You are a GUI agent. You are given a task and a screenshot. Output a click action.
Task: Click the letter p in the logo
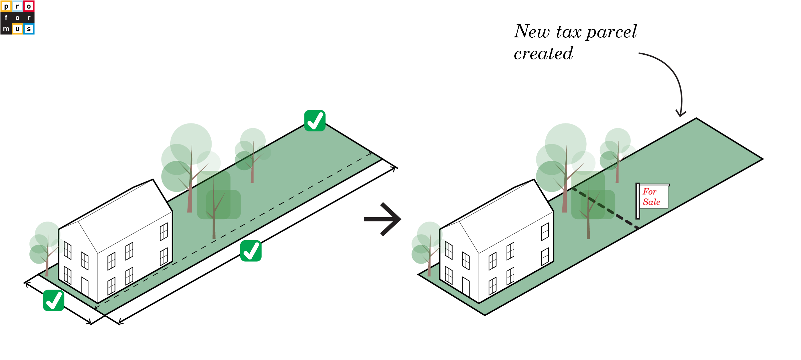click(x=6, y=6)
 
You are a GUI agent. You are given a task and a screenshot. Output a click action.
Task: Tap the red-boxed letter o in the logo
click(x=29, y=6)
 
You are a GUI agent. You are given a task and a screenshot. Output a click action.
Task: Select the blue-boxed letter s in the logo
click(x=29, y=29)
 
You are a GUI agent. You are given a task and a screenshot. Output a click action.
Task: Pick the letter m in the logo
click(x=6, y=29)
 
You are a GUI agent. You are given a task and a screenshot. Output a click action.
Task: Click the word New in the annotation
click(x=532, y=32)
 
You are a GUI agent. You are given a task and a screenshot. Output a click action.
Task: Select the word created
click(x=543, y=54)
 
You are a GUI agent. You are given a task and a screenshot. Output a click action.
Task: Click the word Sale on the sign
click(x=651, y=202)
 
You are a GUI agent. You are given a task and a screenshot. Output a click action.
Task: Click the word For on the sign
click(x=649, y=192)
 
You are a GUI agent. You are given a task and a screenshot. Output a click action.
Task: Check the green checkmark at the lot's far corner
click(x=315, y=121)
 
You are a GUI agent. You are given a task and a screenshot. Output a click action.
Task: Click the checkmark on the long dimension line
click(x=251, y=251)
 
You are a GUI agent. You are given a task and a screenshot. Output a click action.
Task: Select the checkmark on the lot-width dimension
click(x=53, y=301)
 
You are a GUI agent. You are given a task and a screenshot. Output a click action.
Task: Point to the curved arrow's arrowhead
click(x=681, y=113)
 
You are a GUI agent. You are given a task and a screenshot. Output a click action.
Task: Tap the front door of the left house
click(x=85, y=287)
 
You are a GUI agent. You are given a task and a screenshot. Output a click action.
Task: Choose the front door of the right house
click(x=466, y=287)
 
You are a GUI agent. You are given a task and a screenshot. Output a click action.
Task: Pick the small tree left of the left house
click(x=45, y=247)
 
